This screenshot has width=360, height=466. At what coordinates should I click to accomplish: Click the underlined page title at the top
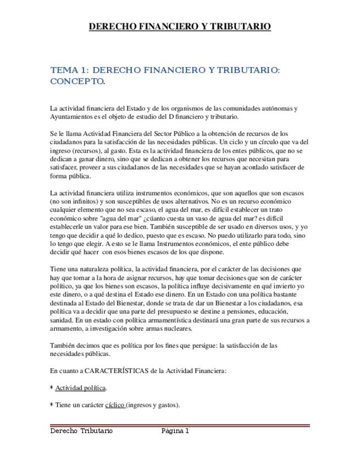click(180, 26)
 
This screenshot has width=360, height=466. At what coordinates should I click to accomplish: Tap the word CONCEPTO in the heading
click(77, 82)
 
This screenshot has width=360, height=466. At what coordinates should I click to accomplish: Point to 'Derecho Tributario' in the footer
click(81, 431)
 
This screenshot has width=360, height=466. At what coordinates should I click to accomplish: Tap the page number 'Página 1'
click(175, 431)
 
